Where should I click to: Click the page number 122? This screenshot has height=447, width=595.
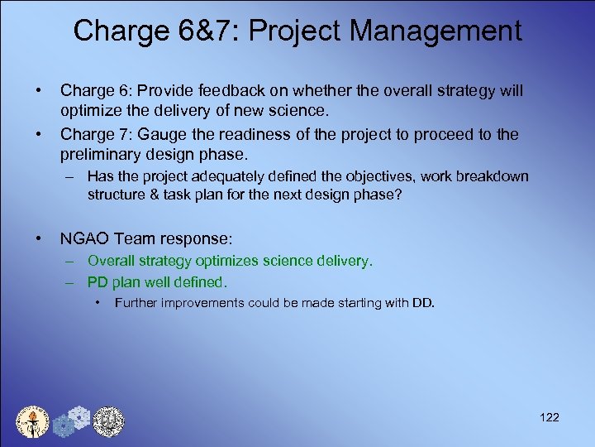pyautogui.click(x=549, y=417)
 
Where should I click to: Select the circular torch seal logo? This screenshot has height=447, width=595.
pyautogui.click(x=33, y=421)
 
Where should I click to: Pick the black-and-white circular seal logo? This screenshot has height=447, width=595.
pyautogui.click(x=107, y=421)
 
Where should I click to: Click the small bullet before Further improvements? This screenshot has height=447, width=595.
pyautogui.click(x=98, y=302)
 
